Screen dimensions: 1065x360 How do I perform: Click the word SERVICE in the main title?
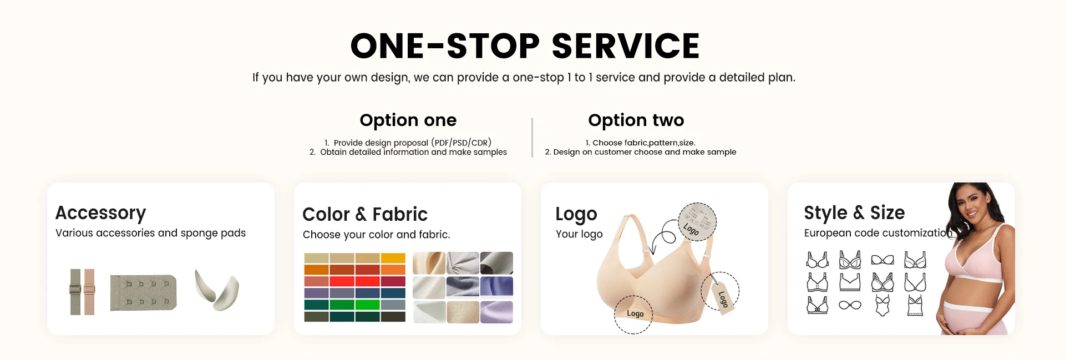(x=626, y=45)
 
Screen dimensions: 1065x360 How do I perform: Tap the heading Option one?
(x=408, y=120)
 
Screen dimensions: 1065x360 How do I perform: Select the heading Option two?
(x=636, y=120)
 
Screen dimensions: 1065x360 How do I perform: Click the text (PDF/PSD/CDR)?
(x=461, y=143)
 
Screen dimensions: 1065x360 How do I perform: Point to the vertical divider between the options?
(x=532, y=137)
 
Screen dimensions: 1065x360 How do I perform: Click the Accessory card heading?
(x=100, y=213)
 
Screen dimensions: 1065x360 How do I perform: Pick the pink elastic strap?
(x=89, y=292)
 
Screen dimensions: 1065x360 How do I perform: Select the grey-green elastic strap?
(x=75, y=292)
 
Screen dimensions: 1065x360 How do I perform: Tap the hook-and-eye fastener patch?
(x=143, y=292)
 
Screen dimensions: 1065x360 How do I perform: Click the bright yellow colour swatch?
(x=393, y=258)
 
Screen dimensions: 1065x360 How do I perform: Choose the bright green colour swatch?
(x=367, y=305)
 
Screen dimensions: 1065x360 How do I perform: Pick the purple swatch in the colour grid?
(x=317, y=293)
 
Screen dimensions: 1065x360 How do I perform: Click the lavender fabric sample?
(x=496, y=312)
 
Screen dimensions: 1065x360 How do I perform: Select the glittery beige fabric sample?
(x=463, y=312)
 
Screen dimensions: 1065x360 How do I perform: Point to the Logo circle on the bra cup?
(x=633, y=314)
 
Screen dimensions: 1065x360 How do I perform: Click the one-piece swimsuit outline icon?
(x=883, y=305)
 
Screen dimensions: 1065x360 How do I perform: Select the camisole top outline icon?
(x=915, y=306)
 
